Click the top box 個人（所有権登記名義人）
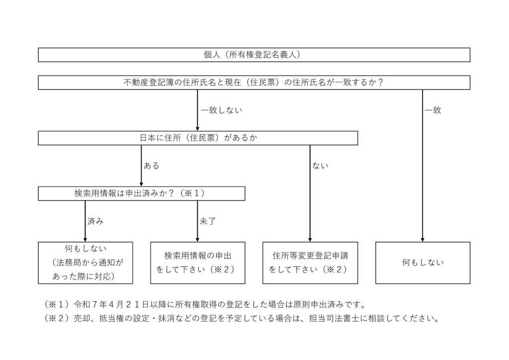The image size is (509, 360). pos(254,55)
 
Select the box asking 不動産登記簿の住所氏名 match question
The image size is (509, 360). pos(254,83)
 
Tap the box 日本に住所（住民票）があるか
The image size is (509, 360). pos(198,138)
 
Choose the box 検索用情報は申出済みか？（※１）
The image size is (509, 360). pos(141,193)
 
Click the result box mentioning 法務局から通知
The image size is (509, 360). pos(85,263)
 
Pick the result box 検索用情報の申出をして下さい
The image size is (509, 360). pos(198,263)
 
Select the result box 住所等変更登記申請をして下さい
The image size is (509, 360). pos(310,263)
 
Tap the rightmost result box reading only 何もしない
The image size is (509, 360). pos(423,263)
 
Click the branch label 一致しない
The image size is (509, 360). pos(221,110)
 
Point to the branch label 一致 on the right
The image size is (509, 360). pos(433,110)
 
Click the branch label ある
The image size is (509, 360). pos(152,166)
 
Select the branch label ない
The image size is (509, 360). pos(320,166)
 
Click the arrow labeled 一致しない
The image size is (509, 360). pos(198,110)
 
